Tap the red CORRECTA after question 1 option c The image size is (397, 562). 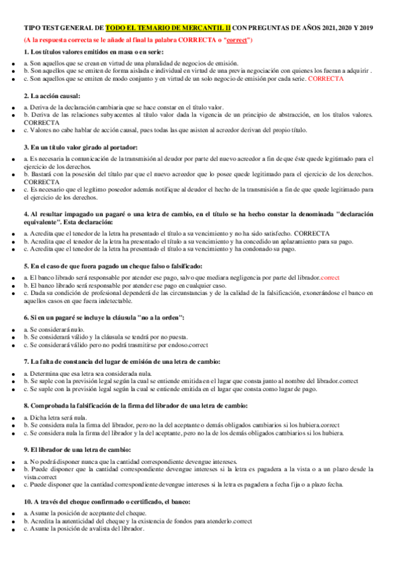click(326, 78)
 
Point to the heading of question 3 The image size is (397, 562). click(80, 147)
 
